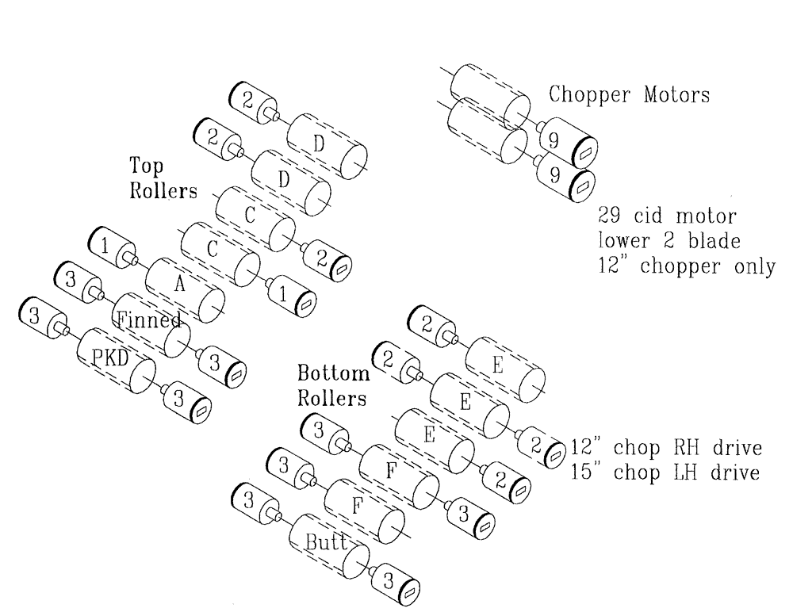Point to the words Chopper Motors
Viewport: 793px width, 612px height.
point(630,94)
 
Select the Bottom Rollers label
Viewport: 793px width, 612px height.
point(332,384)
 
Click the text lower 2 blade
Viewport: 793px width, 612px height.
point(667,241)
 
